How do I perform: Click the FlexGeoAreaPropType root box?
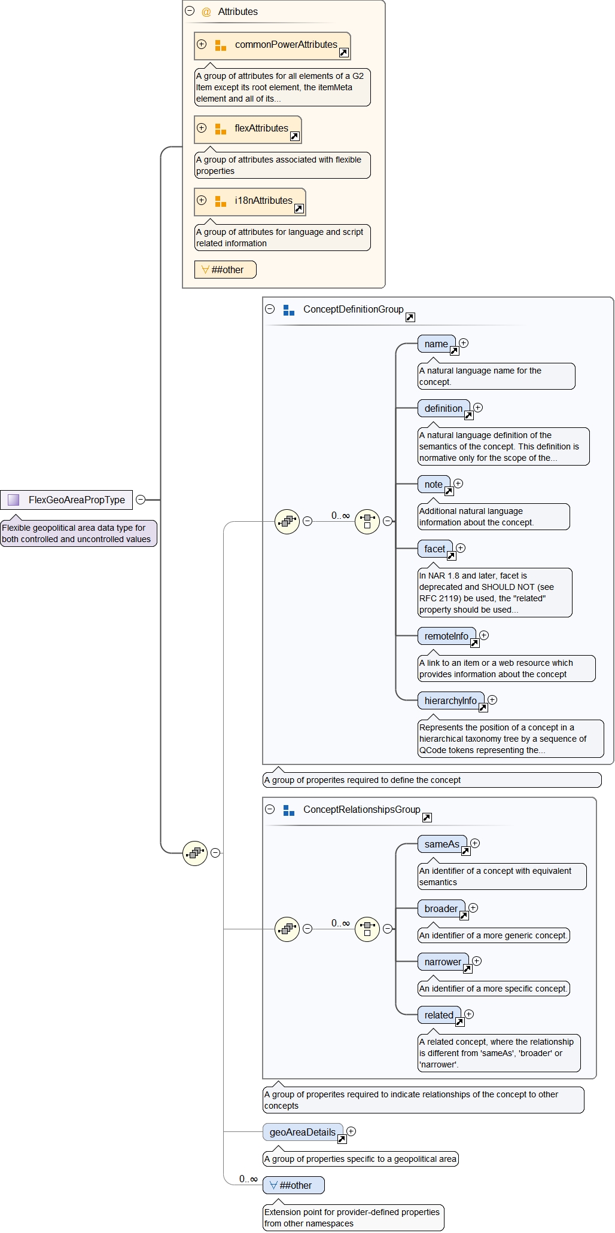click(x=66, y=500)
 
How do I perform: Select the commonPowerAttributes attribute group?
click(x=272, y=45)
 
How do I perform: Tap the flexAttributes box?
click(x=248, y=129)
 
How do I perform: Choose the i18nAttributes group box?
click(x=250, y=201)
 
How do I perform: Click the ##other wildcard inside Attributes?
click(x=225, y=270)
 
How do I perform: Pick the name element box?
click(x=436, y=344)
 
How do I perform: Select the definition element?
click(x=443, y=409)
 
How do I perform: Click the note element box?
click(x=434, y=485)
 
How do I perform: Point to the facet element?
click(x=435, y=549)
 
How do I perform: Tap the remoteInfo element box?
click(x=446, y=637)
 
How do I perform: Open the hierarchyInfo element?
click(x=450, y=701)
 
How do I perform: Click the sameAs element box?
click(x=442, y=845)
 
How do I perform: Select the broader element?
click(x=441, y=909)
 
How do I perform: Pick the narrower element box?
click(x=443, y=962)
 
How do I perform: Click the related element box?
click(x=439, y=1015)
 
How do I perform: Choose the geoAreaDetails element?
click(x=303, y=1133)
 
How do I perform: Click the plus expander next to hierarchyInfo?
click(x=492, y=700)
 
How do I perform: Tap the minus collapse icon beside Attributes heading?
click(x=190, y=11)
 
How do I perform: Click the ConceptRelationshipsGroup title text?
click(x=361, y=810)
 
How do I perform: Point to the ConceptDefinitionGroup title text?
click(x=353, y=310)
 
